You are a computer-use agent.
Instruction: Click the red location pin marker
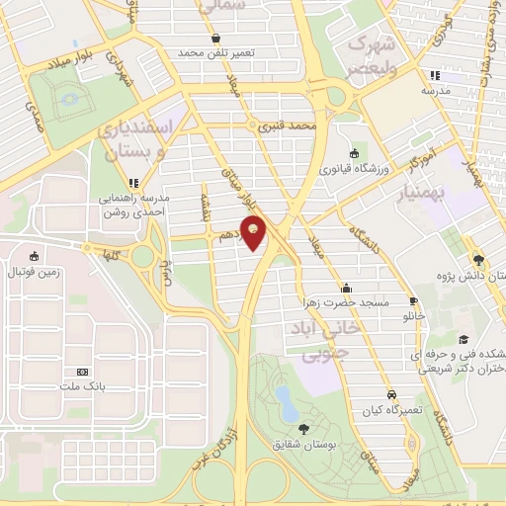[x=257, y=235]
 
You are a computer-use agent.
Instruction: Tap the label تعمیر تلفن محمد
[x=216, y=51]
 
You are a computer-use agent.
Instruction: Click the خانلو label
[x=413, y=317]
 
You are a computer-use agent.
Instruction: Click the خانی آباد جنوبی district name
[x=316, y=339]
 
